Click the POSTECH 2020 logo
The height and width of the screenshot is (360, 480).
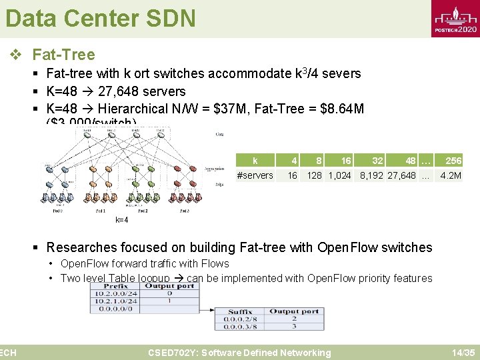point(455,19)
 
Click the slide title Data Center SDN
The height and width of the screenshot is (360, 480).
point(100,18)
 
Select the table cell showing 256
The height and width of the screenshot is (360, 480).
point(453,161)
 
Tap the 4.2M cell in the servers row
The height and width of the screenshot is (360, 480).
point(451,175)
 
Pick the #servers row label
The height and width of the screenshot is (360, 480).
point(255,175)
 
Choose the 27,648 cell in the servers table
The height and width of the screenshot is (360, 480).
point(401,175)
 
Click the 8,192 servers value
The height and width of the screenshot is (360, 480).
point(372,175)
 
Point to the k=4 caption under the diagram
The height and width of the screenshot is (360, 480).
point(121,220)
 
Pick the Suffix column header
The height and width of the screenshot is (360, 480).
point(240,311)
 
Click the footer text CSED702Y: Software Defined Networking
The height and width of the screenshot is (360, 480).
point(239,353)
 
